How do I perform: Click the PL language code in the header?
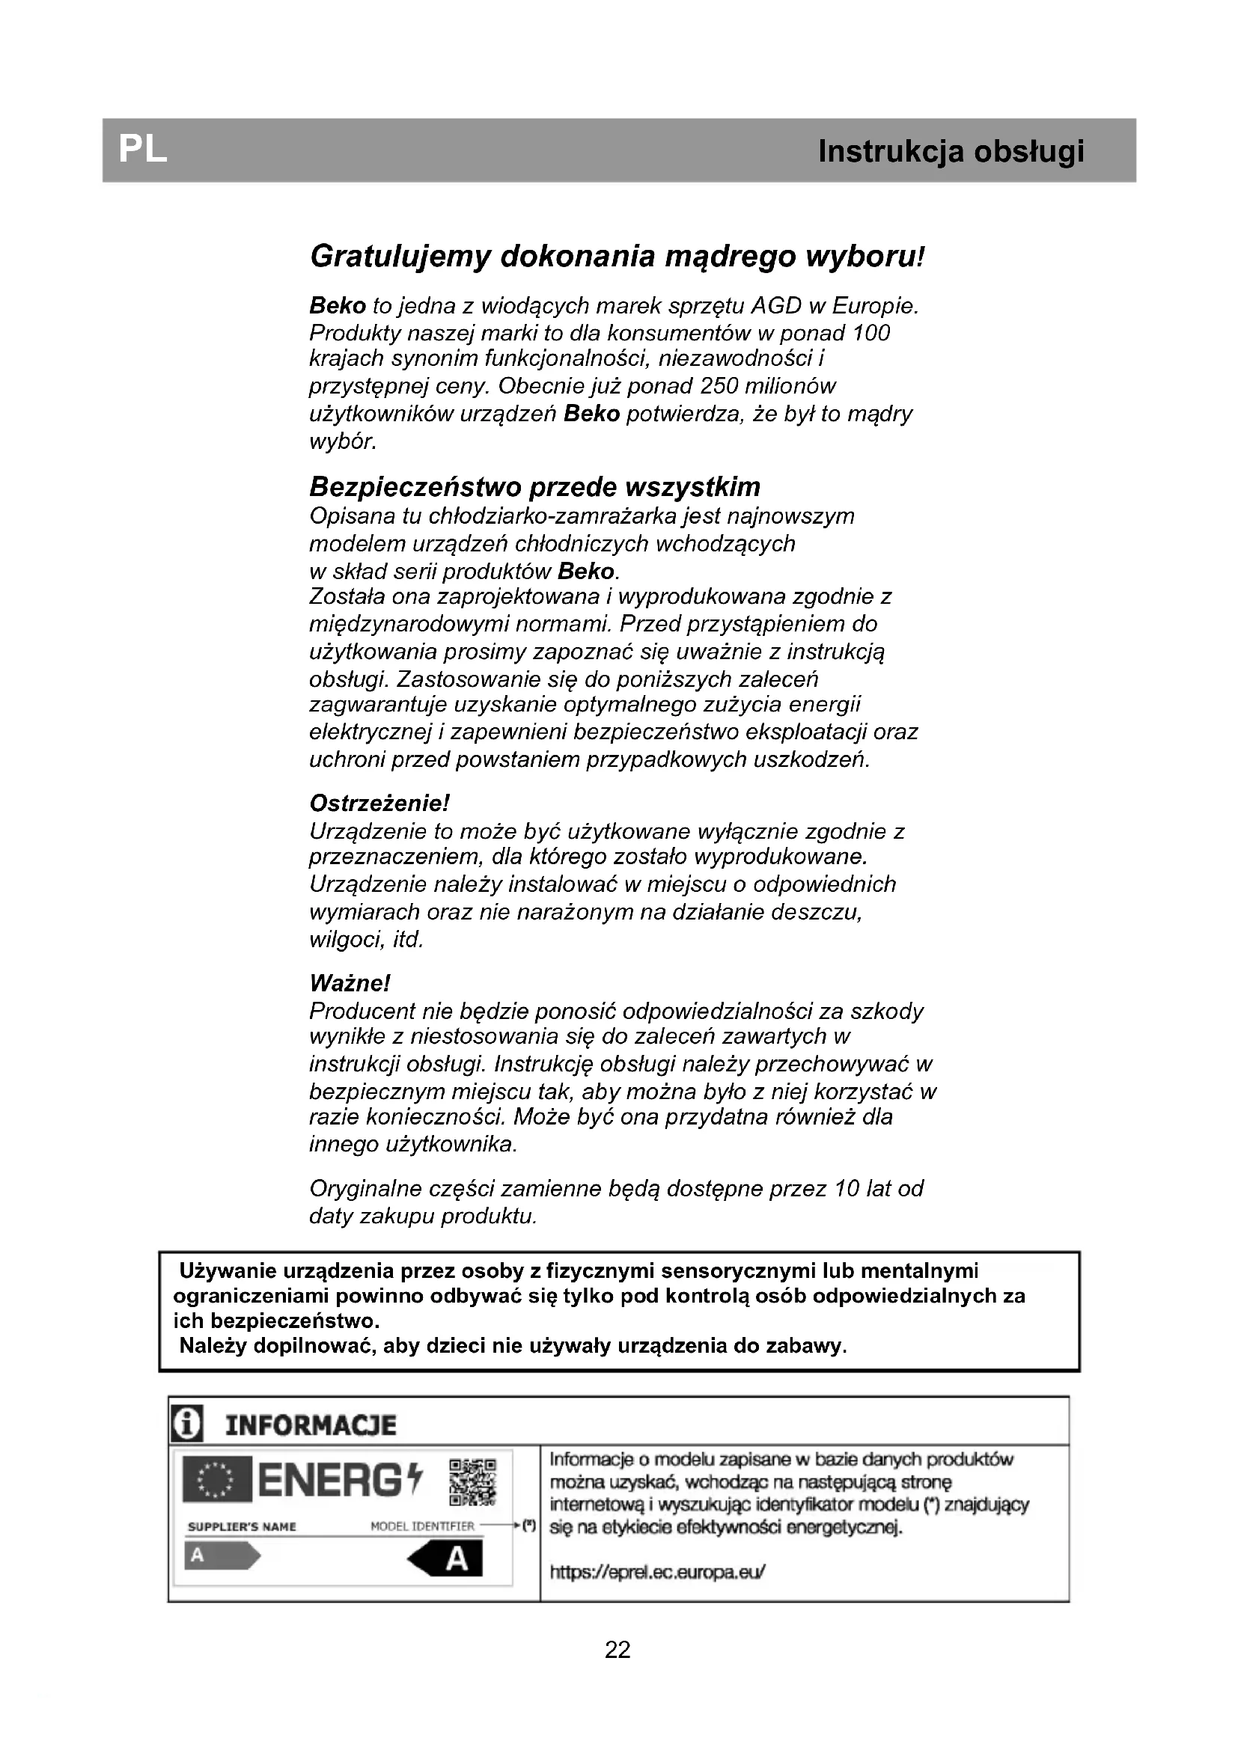pos(142,150)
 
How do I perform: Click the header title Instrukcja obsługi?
pos(951,152)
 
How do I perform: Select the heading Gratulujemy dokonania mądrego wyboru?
pos(617,257)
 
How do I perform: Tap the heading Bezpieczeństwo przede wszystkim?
pos(534,486)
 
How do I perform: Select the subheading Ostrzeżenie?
pos(379,804)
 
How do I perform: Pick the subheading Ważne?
pos(350,983)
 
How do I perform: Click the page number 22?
pos(618,1650)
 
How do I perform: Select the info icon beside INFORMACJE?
pos(187,1425)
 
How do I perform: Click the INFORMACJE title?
pos(311,1425)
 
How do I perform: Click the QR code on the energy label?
pos(472,1481)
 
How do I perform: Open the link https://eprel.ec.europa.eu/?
pos(657,1571)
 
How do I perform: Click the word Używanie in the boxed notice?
pos(222,1271)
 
